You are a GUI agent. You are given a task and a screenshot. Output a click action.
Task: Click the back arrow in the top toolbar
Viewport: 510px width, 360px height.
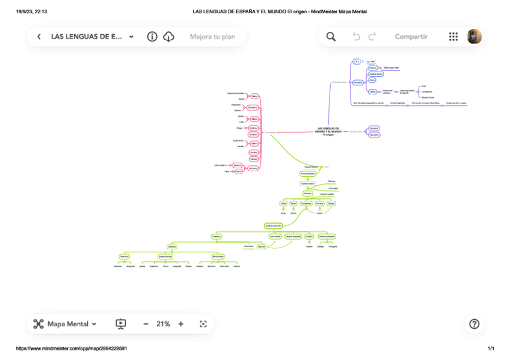pyautogui.click(x=39, y=37)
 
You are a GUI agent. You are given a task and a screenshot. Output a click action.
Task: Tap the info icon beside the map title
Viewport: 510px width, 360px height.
pyautogui.click(x=152, y=37)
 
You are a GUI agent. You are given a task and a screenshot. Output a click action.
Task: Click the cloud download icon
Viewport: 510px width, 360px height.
pyautogui.click(x=169, y=37)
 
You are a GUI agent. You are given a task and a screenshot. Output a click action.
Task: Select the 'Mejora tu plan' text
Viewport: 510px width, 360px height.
pyautogui.click(x=212, y=37)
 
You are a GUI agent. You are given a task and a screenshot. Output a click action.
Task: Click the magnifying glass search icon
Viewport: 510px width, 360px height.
pyautogui.click(x=331, y=37)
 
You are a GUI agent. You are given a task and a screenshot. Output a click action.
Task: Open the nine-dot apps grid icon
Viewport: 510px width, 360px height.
pyautogui.click(x=453, y=37)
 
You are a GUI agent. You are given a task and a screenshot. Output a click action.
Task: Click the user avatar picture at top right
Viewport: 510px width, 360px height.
pyautogui.click(x=475, y=37)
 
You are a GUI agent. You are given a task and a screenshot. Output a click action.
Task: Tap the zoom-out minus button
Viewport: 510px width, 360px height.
pyautogui.click(x=146, y=324)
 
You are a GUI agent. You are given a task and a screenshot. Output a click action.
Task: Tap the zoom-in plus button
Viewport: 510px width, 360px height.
pyautogui.click(x=180, y=324)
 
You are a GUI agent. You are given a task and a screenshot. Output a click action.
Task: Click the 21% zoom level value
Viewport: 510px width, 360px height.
pyautogui.click(x=163, y=324)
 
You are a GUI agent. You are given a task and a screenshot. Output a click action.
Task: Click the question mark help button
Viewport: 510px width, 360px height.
pyautogui.click(x=474, y=324)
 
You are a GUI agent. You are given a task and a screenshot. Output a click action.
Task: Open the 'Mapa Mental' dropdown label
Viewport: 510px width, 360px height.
pyautogui.click(x=72, y=324)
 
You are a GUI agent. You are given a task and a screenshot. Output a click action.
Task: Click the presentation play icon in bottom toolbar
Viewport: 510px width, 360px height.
pyautogui.click(x=121, y=324)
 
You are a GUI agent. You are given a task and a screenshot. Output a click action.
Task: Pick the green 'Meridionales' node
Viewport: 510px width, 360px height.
pyautogui.click(x=218, y=256)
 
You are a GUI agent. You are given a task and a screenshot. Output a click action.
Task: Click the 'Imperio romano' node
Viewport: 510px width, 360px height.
pyautogui.click(x=307, y=183)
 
